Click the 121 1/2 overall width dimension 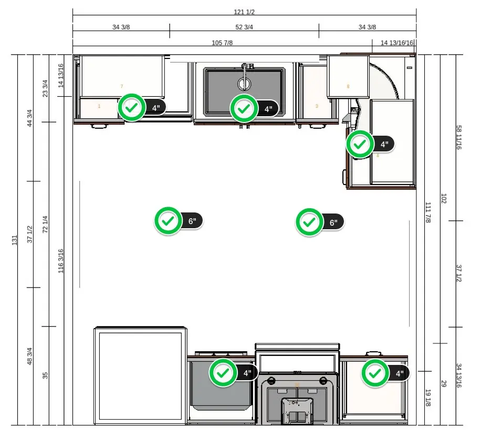(x=244, y=12)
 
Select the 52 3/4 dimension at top (x=244, y=27)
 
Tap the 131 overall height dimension (x=14, y=240)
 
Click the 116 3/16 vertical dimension (x=61, y=261)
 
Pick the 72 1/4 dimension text (x=45, y=225)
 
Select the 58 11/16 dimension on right (x=458, y=138)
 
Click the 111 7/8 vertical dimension (x=427, y=212)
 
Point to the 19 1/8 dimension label (x=427, y=398)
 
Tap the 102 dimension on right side (x=443, y=199)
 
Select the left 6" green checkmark (x=168, y=221)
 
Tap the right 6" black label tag (x=333, y=222)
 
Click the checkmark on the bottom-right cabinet (x=374, y=373)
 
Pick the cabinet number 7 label (x=121, y=86)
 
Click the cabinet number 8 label (x=348, y=86)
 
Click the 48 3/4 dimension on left (x=30, y=357)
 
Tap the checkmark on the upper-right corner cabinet (x=360, y=144)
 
